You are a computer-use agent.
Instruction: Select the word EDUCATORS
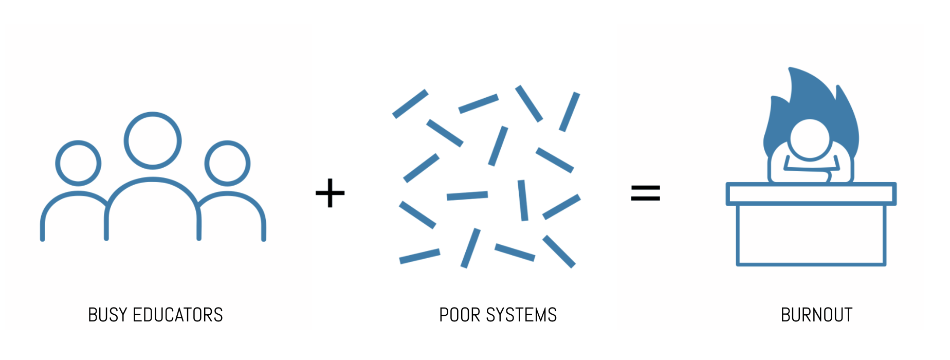(x=178, y=315)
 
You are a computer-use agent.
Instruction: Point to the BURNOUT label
(x=816, y=315)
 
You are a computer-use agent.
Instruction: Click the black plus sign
(x=330, y=193)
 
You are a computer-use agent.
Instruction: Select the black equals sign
(x=645, y=193)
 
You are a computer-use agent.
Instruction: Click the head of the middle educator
(x=153, y=140)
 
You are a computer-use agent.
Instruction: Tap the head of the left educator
(x=78, y=163)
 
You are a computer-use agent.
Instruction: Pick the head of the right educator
(x=227, y=163)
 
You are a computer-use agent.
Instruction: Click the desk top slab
(x=811, y=194)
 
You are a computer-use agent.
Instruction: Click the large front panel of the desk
(x=811, y=235)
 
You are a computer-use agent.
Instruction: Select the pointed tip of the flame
(x=791, y=69)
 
